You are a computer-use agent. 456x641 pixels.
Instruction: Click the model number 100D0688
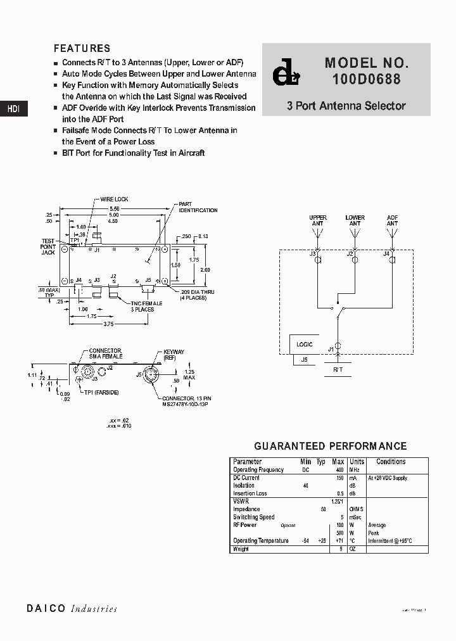[366, 80]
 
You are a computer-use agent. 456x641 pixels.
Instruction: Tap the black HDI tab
[13, 109]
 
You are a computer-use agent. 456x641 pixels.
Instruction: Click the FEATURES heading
[82, 48]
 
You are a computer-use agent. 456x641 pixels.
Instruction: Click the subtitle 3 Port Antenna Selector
[346, 106]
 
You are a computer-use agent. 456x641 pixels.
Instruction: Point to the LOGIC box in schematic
[305, 345]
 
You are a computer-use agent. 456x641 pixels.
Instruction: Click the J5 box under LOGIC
[304, 360]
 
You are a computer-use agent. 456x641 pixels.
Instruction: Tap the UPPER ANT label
[318, 220]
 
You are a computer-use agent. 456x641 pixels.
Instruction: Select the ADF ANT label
[392, 220]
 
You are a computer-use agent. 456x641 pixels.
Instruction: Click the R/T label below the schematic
[338, 369]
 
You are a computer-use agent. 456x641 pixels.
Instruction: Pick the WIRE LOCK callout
[114, 200]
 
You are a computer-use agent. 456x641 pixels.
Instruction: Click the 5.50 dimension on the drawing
[115, 208]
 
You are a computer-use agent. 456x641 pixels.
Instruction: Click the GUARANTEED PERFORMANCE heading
[330, 447]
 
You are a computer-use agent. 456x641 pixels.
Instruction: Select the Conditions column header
[391, 462]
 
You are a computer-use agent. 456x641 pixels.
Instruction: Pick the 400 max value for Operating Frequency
[339, 470]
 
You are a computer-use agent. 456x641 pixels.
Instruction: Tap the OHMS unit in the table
[358, 509]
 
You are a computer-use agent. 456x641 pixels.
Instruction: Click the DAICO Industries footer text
[72, 609]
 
